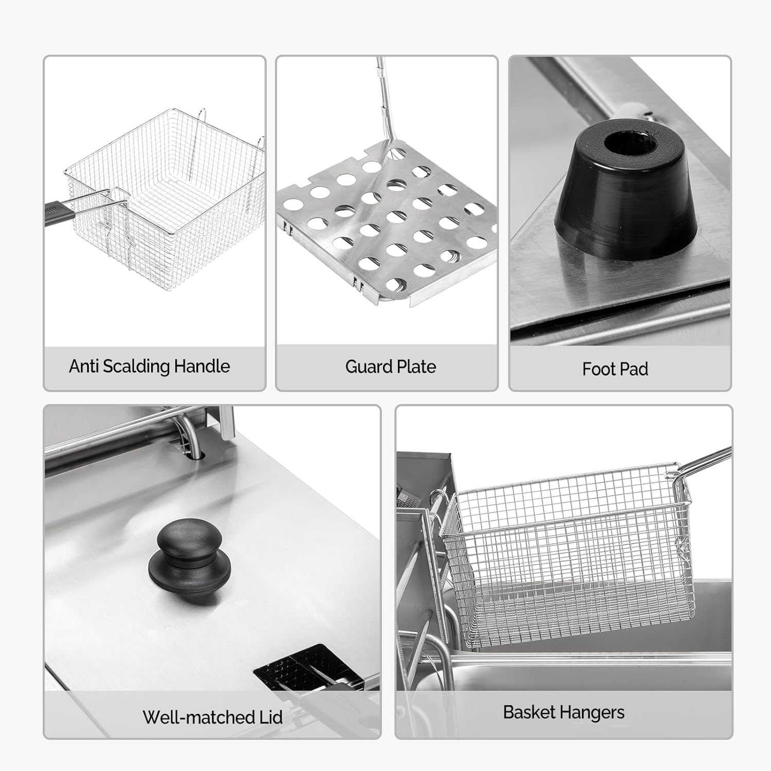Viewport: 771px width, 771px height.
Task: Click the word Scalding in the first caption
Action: pos(136,366)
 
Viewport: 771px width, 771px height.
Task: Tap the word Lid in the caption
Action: pos(270,717)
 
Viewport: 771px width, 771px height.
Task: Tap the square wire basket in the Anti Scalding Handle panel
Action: pos(164,190)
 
